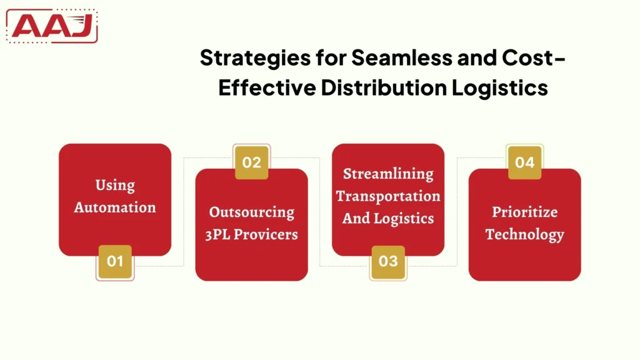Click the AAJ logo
click(x=52, y=26)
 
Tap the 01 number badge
click(x=115, y=261)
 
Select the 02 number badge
click(x=251, y=162)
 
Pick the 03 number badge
click(x=388, y=261)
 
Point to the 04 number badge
click(x=525, y=162)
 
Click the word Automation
click(x=115, y=207)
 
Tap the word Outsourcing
click(x=251, y=212)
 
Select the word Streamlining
click(x=388, y=173)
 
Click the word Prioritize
click(x=524, y=212)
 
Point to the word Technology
click(x=524, y=234)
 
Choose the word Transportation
click(x=388, y=196)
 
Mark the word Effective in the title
click(x=267, y=87)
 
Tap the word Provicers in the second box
click(x=266, y=234)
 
